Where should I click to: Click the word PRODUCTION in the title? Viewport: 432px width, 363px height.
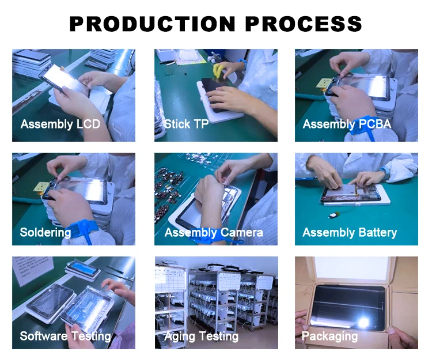[153, 24]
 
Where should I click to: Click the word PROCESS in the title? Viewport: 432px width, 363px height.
[304, 24]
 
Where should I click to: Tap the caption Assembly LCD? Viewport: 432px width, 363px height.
[60, 124]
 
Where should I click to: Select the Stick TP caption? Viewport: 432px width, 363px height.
[186, 124]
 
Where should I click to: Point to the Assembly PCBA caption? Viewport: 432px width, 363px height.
[347, 124]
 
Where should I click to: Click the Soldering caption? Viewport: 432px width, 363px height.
[46, 233]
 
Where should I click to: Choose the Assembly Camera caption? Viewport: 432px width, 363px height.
[214, 233]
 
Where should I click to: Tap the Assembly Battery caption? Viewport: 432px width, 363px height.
[350, 233]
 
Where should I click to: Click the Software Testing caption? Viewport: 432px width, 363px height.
[65, 336]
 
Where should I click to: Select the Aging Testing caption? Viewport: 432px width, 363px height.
[202, 336]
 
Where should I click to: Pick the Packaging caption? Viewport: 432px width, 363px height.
[330, 336]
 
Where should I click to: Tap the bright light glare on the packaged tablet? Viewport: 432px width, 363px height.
[363, 322]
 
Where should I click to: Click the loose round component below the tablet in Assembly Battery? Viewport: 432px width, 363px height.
[334, 214]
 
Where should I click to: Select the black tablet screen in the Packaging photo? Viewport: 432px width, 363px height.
[349, 307]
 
